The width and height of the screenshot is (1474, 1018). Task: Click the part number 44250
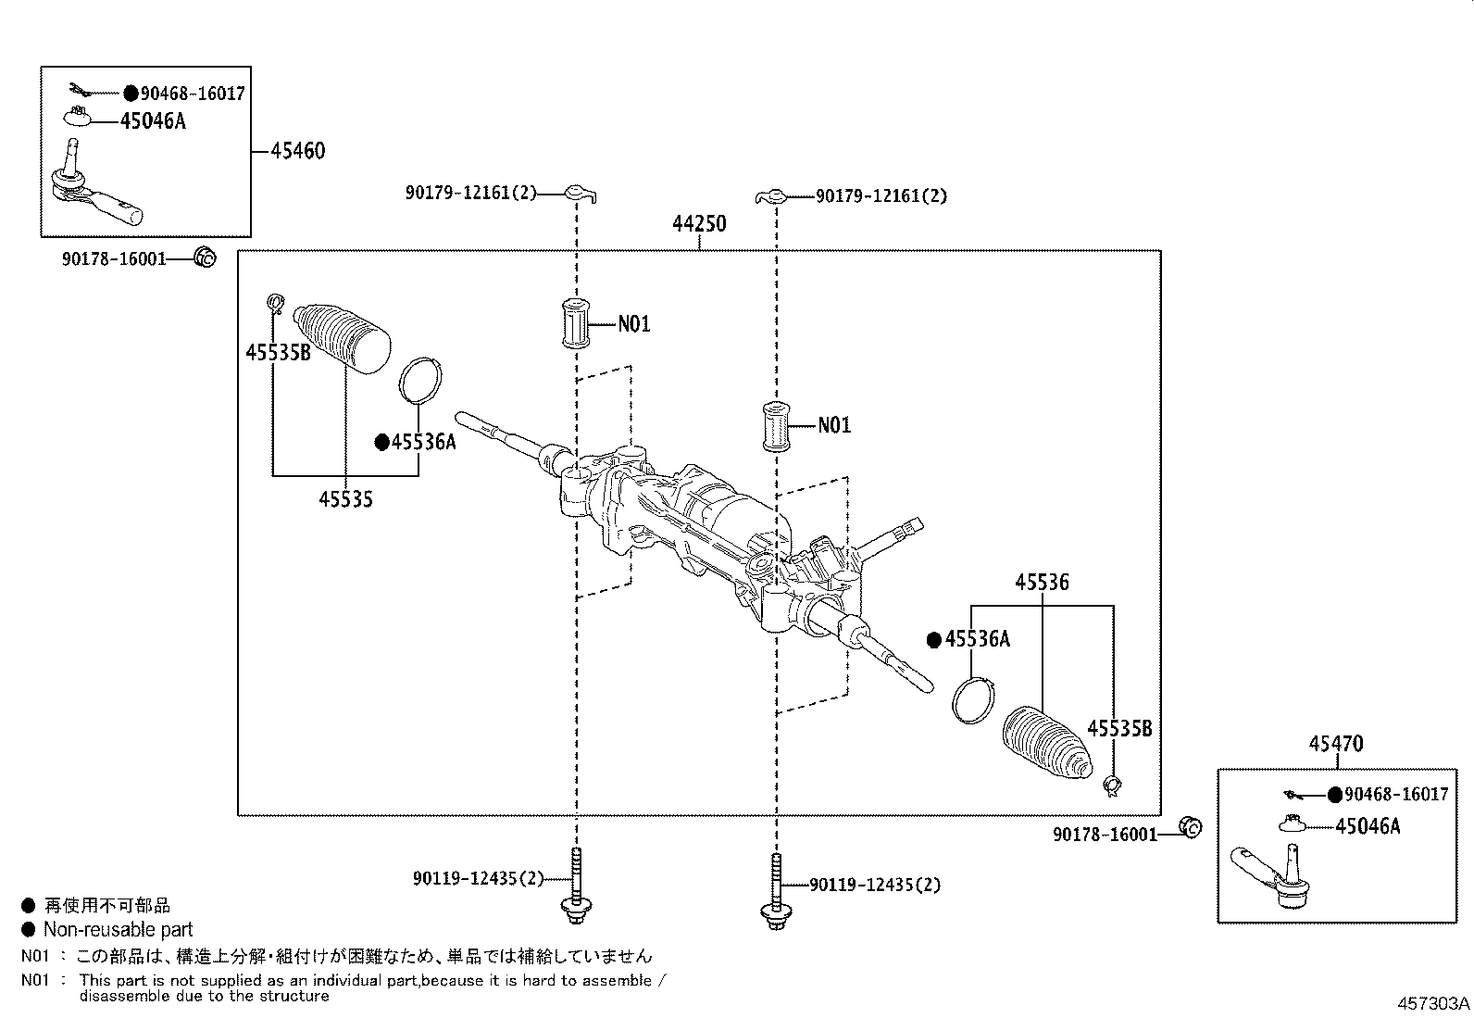tap(699, 224)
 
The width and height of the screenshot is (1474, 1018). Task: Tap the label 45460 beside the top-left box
tap(298, 151)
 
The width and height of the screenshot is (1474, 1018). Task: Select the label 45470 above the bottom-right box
tap(1336, 744)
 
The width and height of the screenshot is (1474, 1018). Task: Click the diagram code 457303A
tap(1433, 1004)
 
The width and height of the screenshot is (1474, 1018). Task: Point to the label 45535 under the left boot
tap(345, 500)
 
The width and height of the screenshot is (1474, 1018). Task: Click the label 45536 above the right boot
tap(1042, 583)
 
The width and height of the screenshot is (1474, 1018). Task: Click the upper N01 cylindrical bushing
tap(577, 323)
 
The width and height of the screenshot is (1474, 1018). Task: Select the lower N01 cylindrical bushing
tap(775, 426)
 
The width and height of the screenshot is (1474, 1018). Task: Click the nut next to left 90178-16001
tap(205, 258)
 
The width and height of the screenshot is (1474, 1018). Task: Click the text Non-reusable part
tap(118, 929)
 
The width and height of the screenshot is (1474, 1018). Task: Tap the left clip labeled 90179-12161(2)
tap(581, 193)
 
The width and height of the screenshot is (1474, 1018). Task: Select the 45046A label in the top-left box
tap(153, 121)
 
